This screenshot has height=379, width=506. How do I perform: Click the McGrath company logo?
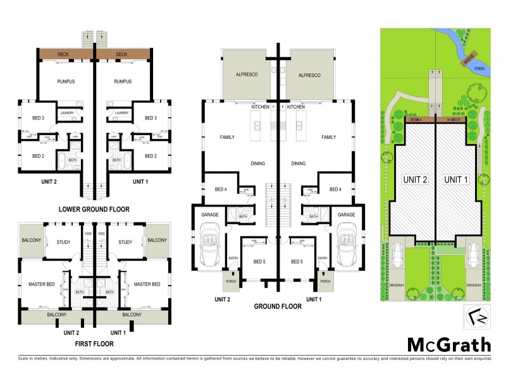pos(448,345)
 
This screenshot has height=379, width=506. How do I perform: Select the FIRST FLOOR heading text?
pos(94,344)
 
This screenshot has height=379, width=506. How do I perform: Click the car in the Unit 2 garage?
pos(209,247)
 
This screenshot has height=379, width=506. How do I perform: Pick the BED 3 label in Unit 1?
pos(151,118)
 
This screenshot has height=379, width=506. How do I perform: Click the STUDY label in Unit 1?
pos(125,242)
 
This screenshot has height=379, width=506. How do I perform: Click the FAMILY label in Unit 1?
pos(328,136)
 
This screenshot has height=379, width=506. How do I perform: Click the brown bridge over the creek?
pos(469,57)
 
